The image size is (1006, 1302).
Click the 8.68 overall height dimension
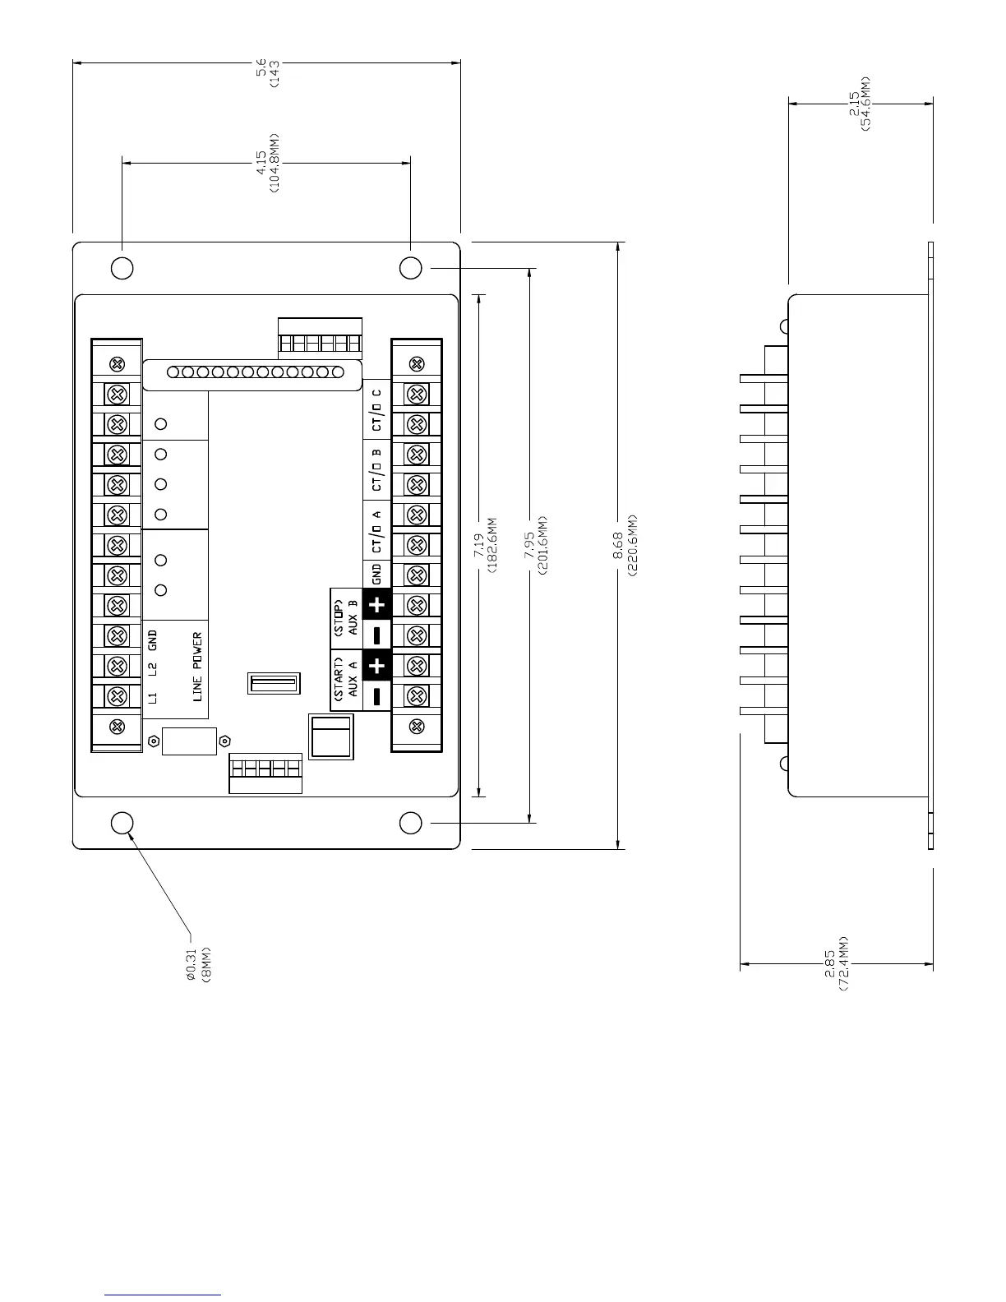coord(625,545)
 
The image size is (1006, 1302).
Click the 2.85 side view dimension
coord(836,963)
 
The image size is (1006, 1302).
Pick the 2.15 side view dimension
coord(860,104)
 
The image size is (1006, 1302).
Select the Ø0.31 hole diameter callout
coord(198,962)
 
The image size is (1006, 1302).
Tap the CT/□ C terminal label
coord(377,409)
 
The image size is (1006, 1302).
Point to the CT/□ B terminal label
coord(377,469)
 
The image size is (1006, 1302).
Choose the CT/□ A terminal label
coord(377,530)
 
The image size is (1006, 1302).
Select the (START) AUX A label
coord(344,681)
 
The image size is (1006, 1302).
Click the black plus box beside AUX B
coord(377,605)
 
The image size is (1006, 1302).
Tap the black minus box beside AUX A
coord(377,696)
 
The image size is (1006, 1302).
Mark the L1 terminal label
coord(153,698)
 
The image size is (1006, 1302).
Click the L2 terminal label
coord(153,667)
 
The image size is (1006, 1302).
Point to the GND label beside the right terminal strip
coord(377,574)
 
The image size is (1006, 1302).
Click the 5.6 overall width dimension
coord(267,72)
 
